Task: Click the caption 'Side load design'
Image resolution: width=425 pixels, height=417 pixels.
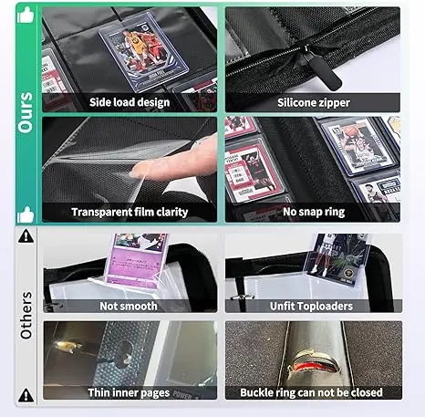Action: (130, 102)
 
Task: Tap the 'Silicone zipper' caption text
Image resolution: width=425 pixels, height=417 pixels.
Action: (314, 102)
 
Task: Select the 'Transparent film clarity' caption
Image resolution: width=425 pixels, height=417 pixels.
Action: (130, 212)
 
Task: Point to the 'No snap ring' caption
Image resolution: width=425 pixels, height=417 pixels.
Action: (314, 212)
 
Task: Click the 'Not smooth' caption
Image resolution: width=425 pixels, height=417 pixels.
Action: (129, 306)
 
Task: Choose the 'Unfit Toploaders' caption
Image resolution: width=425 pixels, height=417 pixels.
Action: (311, 306)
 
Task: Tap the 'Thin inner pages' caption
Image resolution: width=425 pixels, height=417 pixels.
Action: (129, 392)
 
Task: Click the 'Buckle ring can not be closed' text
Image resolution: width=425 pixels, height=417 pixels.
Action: (311, 392)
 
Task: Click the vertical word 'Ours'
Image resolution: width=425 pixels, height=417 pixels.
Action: (26, 112)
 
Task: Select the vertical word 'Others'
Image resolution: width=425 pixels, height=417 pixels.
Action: (26, 316)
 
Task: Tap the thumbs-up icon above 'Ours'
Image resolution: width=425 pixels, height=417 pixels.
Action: (26, 16)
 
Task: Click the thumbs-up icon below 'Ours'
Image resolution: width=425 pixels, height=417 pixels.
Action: (26, 214)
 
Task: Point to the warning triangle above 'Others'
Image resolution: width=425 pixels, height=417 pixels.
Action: (26, 236)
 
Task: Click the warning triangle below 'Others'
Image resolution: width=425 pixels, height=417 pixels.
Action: (26, 395)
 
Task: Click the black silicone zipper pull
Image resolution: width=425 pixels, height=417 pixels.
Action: (323, 71)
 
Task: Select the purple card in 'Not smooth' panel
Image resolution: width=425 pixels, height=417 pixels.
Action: (137, 259)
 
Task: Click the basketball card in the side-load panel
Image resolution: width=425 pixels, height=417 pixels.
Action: (143, 52)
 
